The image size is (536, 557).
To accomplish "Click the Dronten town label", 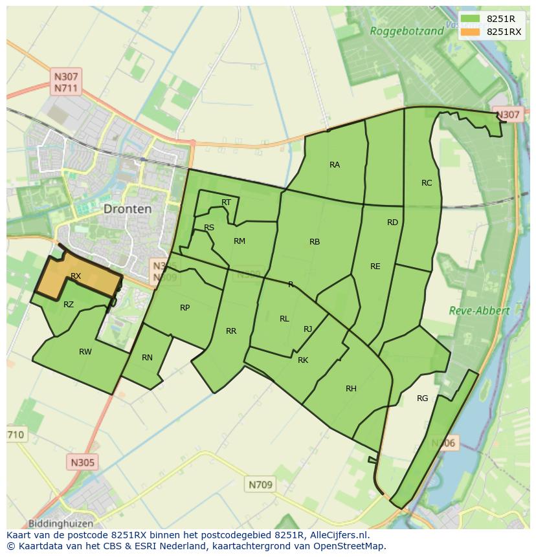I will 128,209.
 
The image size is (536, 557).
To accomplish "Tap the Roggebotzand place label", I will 407,30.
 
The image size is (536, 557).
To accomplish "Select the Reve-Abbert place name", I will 479,311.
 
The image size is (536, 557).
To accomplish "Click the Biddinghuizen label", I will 61,523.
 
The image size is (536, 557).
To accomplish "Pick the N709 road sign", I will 261,484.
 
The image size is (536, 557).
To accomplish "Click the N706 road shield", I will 443,443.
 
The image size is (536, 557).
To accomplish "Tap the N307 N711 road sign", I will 67,82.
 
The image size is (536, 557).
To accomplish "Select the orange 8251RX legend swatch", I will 471,32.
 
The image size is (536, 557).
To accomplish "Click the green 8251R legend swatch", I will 471,19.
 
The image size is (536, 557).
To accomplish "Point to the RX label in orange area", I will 76,276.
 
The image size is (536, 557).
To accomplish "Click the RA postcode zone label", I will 335,165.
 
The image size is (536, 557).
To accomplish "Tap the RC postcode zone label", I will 427,183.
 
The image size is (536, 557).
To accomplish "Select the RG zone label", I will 423,399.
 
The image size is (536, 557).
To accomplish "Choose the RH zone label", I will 351,389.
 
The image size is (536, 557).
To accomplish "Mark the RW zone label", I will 85,352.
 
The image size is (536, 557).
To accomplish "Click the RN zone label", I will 147,358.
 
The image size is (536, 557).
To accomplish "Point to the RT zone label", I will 226,202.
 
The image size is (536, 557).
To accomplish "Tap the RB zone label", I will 315,242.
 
